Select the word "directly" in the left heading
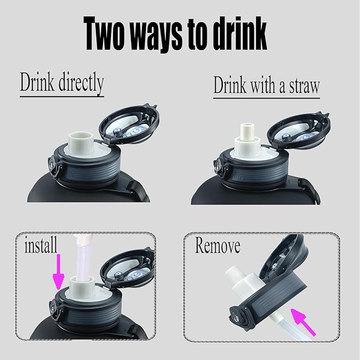(x=77, y=83)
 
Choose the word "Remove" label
(x=217, y=246)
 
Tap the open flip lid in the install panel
(x=129, y=267)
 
